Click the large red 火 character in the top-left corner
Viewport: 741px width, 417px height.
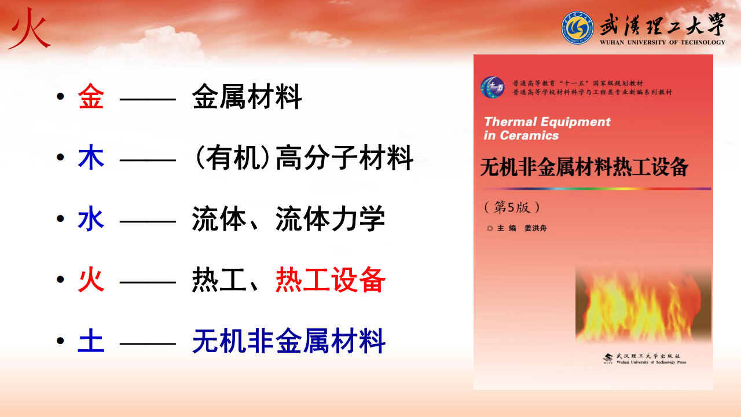coord(30,29)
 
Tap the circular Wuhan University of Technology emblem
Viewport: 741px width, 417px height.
coord(577,28)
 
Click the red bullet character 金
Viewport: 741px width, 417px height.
coord(91,96)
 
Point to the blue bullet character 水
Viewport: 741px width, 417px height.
coord(91,218)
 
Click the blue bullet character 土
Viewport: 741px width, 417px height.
coord(91,341)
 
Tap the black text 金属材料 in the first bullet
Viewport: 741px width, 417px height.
coord(247,96)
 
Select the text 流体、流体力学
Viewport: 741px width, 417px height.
coord(288,218)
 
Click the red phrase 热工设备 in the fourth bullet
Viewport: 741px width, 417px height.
coord(331,280)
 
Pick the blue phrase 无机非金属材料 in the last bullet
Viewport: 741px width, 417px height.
coord(289,341)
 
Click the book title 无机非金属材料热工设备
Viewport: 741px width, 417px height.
coord(584,167)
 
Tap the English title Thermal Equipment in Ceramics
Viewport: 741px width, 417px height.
coord(547,129)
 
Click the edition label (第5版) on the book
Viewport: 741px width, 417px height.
coord(512,207)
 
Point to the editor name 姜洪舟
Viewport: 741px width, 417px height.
coord(535,228)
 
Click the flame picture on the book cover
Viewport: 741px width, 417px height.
coord(643,305)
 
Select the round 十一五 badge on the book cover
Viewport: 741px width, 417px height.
coord(492,87)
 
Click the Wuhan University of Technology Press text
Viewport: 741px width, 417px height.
coord(651,363)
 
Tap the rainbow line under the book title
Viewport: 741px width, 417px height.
coord(596,189)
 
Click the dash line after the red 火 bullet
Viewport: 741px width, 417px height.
coord(148,282)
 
